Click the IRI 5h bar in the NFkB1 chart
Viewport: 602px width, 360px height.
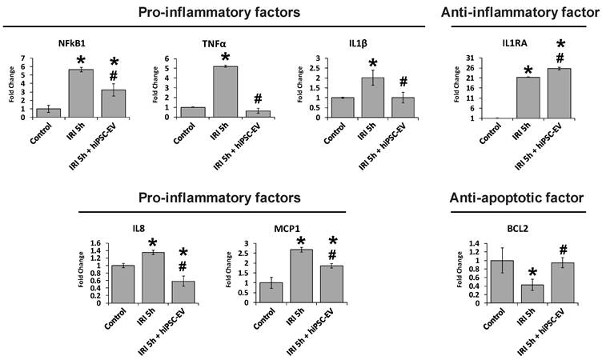81,94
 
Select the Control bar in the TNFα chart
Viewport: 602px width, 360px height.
193,112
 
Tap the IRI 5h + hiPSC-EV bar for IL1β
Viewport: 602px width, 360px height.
403,107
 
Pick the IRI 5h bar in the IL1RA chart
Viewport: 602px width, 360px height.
528,98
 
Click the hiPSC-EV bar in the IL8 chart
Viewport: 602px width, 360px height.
184,292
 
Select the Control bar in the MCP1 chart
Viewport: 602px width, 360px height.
271,293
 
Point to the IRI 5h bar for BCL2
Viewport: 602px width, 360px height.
532,294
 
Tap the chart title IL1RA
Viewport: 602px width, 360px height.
515,43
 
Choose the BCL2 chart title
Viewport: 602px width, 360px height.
517,229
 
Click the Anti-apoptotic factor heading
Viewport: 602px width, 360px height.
516,198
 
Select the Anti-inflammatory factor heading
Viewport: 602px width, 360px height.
520,13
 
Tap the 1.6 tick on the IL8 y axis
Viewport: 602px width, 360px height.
95,243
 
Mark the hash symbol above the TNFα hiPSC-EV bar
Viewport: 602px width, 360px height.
258,99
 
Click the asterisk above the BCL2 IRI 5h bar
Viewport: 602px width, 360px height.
532,273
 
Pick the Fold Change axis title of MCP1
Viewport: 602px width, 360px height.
229,270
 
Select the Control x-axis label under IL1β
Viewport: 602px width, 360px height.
335,133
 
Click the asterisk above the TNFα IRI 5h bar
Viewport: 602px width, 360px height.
226,58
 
